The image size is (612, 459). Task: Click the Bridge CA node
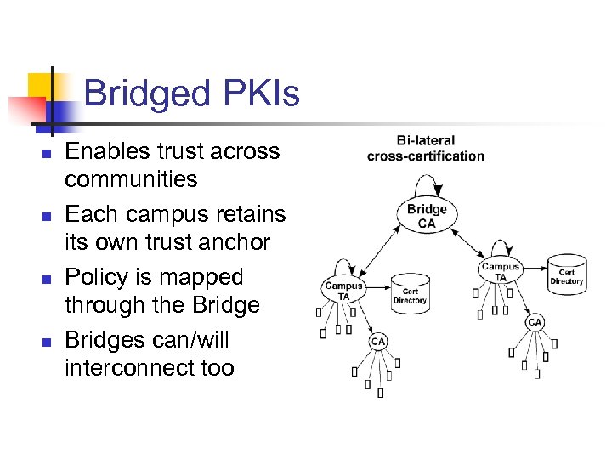click(x=427, y=216)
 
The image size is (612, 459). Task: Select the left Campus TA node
click(x=343, y=291)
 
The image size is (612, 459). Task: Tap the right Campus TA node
click(x=501, y=272)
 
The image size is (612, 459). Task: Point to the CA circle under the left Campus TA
click(x=378, y=342)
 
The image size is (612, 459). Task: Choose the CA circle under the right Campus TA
click(x=535, y=323)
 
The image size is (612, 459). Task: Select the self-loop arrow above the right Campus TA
click(x=501, y=245)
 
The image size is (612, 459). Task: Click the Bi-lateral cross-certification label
click(x=426, y=148)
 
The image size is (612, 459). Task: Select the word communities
click(x=131, y=179)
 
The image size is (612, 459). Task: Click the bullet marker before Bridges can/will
click(x=48, y=342)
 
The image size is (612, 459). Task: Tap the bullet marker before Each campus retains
click(x=48, y=216)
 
